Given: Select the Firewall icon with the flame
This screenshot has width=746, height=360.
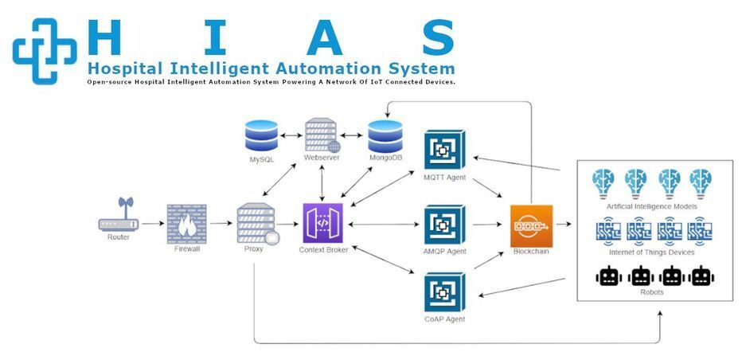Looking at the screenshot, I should pyautogui.click(x=187, y=224).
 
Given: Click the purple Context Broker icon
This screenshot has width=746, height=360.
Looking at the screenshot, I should pyautogui.click(x=322, y=224).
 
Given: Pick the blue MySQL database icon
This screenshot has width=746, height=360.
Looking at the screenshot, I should pyautogui.click(x=262, y=135).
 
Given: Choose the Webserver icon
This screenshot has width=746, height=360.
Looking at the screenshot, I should pyautogui.click(x=322, y=135).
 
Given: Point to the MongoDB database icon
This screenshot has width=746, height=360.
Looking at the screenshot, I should pyautogui.click(x=385, y=136).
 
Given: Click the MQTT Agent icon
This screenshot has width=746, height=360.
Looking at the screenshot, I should pyautogui.click(x=445, y=148).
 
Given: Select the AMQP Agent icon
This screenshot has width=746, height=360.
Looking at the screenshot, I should pyautogui.click(x=445, y=224).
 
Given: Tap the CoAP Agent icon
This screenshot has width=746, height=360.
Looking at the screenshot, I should pyautogui.click(x=445, y=292).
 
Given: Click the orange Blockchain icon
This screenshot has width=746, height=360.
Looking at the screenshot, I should pyautogui.click(x=531, y=225).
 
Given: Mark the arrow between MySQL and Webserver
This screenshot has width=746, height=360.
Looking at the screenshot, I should pyautogui.click(x=291, y=136).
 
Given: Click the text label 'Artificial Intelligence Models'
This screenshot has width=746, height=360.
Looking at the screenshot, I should pyautogui.click(x=652, y=206).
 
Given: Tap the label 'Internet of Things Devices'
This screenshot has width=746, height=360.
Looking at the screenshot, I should pyautogui.click(x=652, y=252).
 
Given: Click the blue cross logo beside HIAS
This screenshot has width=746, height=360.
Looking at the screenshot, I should pyautogui.click(x=45, y=49).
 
